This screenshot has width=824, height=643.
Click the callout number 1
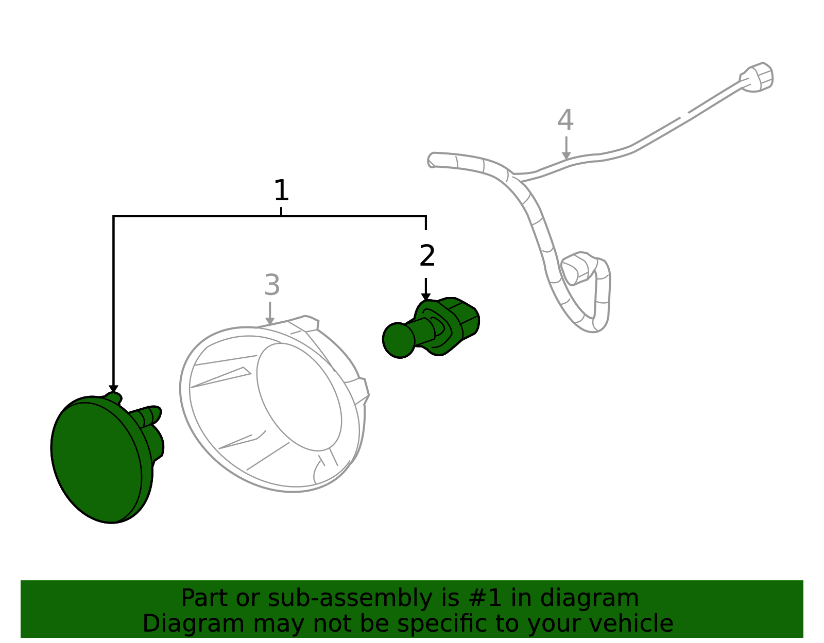(x=281, y=190)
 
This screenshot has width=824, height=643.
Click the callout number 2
(x=427, y=256)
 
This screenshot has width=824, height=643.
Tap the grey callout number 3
(x=272, y=285)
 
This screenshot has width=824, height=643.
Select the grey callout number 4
(x=565, y=120)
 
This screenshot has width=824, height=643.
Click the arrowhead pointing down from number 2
(x=426, y=297)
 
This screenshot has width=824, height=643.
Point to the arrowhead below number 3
(x=270, y=321)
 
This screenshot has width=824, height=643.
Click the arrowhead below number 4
(x=566, y=155)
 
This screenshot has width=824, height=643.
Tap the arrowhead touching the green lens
(x=113, y=389)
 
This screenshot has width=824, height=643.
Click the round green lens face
(x=96, y=462)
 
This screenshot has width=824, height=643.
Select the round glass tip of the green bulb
(x=399, y=340)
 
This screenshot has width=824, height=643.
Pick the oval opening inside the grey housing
(x=299, y=397)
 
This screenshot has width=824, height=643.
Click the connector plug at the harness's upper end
(x=757, y=77)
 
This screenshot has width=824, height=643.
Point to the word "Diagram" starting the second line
(x=194, y=624)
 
